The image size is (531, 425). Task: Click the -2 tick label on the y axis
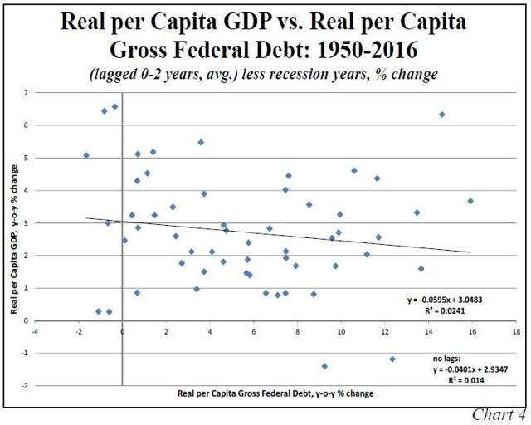point(25,386)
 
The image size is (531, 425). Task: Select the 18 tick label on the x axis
point(516,330)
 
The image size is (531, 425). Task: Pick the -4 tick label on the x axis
point(35,330)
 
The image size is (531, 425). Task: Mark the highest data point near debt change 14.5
point(442,115)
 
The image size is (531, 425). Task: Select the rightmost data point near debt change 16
point(470,201)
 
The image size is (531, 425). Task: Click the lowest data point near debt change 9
point(324,366)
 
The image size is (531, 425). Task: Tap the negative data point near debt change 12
point(392,359)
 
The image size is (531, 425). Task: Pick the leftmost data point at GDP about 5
point(86,155)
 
